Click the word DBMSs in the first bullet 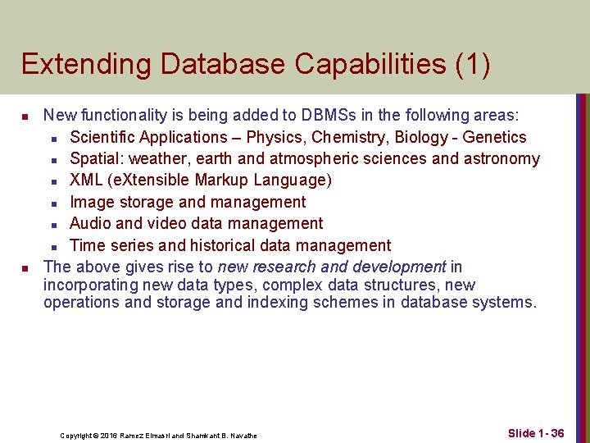(326, 116)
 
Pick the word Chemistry (349, 137)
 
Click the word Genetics (494, 137)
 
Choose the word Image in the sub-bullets (91, 202)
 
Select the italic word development (399, 267)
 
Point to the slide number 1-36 (551, 432)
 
